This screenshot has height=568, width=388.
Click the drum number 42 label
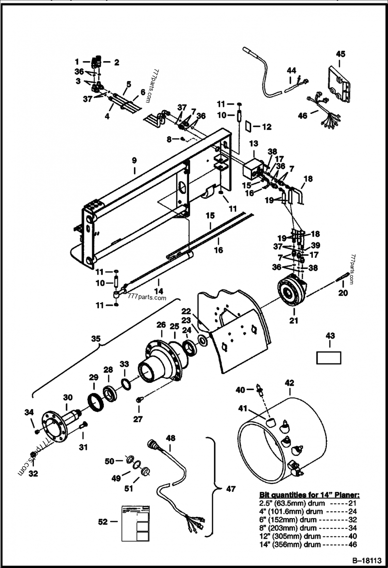coord(289,383)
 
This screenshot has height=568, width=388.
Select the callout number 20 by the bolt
coord(343,293)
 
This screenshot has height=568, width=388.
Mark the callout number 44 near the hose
coord(291,71)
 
